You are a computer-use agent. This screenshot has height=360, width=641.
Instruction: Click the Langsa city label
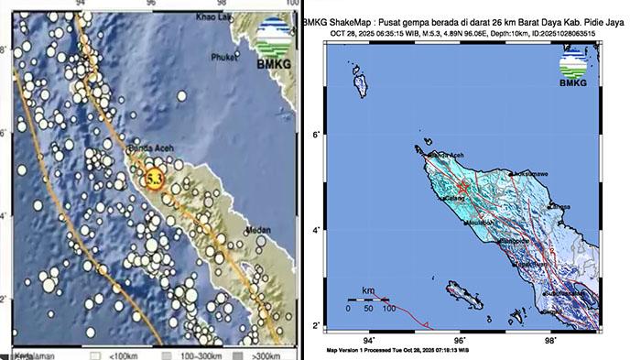(560, 206)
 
